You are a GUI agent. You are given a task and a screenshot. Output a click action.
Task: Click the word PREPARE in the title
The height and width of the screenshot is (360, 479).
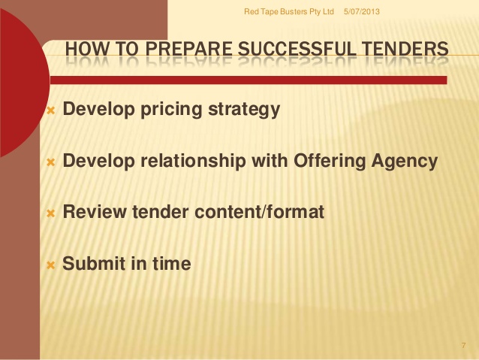(x=188, y=49)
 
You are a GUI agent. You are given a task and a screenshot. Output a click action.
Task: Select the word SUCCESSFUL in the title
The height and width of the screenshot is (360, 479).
(x=297, y=49)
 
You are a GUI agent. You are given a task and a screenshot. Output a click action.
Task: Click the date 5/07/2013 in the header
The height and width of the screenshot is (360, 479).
(x=362, y=11)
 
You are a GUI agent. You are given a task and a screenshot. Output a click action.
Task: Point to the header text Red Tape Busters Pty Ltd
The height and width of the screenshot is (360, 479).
(x=289, y=11)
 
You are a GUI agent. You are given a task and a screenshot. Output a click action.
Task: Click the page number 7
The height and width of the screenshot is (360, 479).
(x=464, y=345)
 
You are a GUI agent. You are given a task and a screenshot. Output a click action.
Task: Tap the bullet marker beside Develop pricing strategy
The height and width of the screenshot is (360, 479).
(x=51, y=110)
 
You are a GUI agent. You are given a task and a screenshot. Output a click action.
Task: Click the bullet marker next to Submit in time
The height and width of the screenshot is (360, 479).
(x=51, y=265)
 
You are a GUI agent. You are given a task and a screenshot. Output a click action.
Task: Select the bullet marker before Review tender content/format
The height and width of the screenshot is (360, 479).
(x=51, y=213)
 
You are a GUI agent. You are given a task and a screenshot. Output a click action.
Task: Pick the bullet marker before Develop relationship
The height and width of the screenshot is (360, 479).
(x=51, y=162)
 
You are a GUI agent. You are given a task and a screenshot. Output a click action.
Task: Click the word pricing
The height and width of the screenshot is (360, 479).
(x=171, y=110)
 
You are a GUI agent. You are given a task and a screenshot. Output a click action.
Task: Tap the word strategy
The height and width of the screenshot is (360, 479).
(x=244, y=110)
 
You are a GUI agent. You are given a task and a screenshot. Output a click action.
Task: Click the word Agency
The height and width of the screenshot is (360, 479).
(x=405, y=161)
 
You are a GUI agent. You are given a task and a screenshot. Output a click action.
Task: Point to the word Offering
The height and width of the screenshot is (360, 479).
(x=330, y=161)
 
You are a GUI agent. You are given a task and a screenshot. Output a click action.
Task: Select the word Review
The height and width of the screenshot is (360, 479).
(x=95, y=212)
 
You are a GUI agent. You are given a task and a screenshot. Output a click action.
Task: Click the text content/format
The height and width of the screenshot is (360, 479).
(x=259, y=212)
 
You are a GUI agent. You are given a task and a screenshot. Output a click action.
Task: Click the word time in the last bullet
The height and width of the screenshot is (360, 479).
(x=172, y=263)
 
